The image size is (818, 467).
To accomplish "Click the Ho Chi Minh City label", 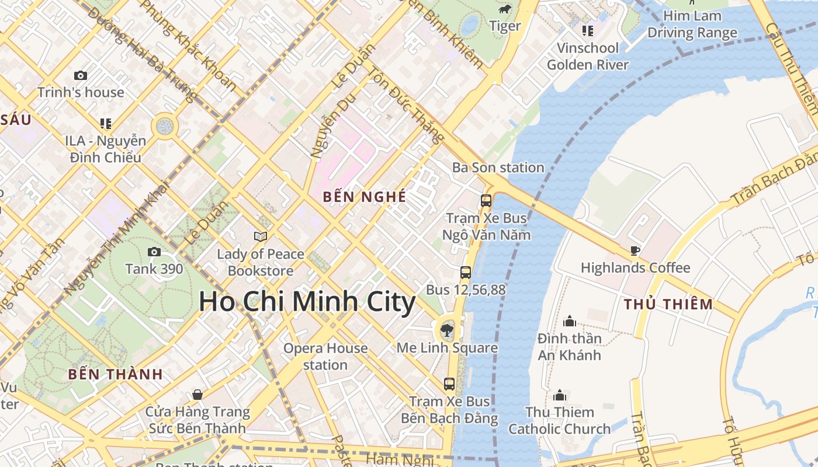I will click(307, 302).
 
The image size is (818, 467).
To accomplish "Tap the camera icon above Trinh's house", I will click(81, 75).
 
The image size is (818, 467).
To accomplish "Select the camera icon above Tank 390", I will click(154, 252).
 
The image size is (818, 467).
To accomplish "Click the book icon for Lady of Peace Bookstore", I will click(261, 236).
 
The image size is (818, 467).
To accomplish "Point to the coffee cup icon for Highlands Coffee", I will click(635, 251).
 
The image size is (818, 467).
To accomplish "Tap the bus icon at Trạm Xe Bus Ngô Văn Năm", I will click(486, 201).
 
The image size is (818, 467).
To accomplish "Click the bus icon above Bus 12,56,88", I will click(466, 272).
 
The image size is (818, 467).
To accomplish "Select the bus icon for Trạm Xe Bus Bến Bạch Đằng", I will click(449, 384).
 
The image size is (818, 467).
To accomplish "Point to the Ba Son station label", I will click(498, 168).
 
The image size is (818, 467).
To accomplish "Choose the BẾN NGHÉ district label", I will click(365, 197).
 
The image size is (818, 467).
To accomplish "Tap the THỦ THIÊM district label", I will click(668, 304).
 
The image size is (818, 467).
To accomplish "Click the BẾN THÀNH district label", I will click(115, 375).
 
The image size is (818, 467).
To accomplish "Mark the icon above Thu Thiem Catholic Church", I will click(560, 395).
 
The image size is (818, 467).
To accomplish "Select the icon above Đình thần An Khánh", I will click(569, 321).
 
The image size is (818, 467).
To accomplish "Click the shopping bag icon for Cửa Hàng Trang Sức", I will click(197, 395).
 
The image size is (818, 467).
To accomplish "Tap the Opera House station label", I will click(325, 357).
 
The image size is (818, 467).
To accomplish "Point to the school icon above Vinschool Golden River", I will click(587, 30).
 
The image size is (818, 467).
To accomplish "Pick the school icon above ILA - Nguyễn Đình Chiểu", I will click(106, 123).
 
